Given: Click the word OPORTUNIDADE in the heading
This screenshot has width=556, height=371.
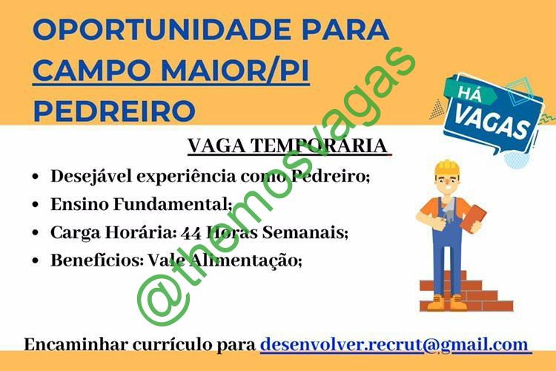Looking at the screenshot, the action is pos(162,30).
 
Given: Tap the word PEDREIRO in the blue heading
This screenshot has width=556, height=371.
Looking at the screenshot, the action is pos(114,111).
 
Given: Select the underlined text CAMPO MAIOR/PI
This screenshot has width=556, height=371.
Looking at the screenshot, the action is pos(171,70).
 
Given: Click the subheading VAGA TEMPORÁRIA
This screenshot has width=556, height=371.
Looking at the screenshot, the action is pos(288,145).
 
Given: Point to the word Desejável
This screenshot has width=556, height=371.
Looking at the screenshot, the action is pos(91,177).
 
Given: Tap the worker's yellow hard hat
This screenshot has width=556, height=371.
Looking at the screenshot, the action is pos(447,168).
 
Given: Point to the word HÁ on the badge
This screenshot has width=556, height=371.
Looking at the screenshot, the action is pos(470,93).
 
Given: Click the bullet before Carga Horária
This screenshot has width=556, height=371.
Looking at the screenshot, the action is pos(35,232).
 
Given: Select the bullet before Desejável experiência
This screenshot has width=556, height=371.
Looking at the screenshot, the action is pos(35,177).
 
